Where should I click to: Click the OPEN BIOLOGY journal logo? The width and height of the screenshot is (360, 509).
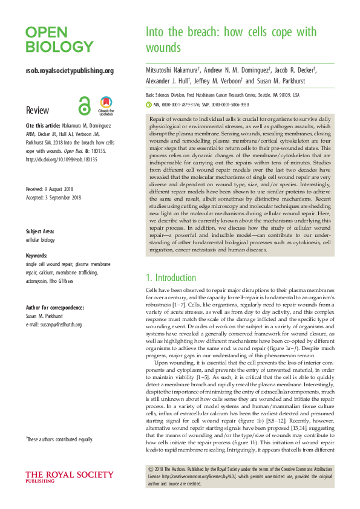(59, 40)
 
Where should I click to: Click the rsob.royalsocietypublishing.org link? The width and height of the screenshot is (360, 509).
(70, 71)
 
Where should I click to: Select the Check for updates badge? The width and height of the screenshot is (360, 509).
(106, 106)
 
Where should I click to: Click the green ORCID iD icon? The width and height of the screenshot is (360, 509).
(149, 104)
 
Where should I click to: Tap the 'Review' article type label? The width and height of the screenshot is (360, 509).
(38, 111)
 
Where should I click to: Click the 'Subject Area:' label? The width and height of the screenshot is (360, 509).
(42, 232)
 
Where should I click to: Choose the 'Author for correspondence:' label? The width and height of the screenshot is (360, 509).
(55, 308)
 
